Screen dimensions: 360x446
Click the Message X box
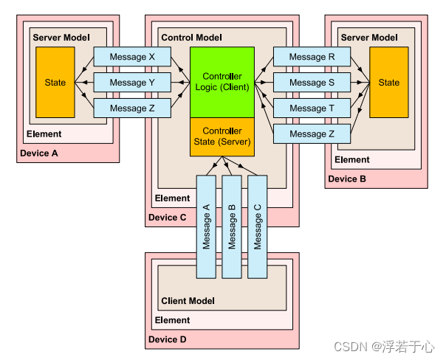132,57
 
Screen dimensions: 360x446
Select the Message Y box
132,83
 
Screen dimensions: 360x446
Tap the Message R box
312,57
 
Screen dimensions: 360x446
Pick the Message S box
312,83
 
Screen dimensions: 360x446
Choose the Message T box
312,108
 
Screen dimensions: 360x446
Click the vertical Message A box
207,226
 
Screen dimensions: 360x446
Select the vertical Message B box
232,226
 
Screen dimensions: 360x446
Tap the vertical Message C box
257,226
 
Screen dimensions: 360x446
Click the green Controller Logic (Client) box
222,82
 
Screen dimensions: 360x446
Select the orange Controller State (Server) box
222,136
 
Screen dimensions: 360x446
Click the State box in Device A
55,83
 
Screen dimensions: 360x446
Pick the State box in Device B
388,83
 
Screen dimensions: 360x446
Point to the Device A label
38,153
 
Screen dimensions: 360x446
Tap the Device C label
167,217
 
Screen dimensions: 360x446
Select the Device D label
167,339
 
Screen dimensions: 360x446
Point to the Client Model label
188,301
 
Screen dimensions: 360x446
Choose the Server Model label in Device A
61,37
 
